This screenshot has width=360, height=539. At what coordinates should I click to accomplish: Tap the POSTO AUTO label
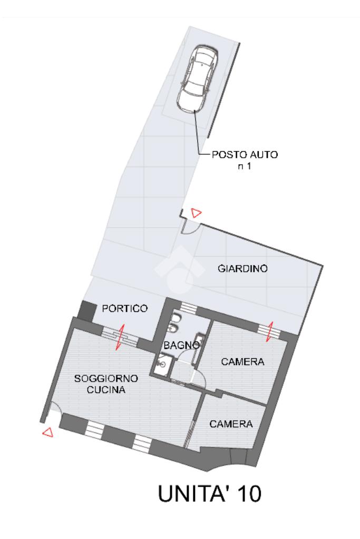coord(244,155)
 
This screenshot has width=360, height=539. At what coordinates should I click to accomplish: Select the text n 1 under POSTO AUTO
coord(244,166)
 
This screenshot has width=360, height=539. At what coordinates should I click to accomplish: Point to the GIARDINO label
coord(242,269)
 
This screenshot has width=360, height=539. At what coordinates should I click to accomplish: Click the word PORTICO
coord(124,308)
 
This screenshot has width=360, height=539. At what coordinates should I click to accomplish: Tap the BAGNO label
coord(181,346)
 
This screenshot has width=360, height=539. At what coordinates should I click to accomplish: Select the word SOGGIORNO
coord(106,379)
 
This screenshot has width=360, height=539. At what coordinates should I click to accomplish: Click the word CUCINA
coord(106,390)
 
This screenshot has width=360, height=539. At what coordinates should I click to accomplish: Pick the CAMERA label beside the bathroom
coord(242,362)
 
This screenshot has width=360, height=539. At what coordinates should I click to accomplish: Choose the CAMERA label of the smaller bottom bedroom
coord(231,424)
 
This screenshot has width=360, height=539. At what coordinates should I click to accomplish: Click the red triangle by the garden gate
coord(196,213)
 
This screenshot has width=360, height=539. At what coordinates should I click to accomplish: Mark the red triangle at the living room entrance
coord(47,433)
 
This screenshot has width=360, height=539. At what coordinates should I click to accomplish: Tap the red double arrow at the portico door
coord(120,337)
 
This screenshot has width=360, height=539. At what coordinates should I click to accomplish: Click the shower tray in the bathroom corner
coord(162,362)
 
